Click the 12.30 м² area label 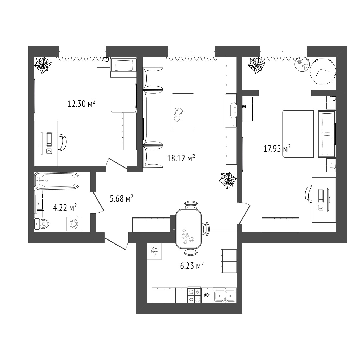(82, 104)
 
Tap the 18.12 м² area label (181, 158)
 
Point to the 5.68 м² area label (122, 198)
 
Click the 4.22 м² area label (65, 207)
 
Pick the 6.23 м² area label (192, 266)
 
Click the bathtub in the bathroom (57, 181)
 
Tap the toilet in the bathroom (41, 224)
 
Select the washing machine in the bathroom (74, 224)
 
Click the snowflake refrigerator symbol (154, 251)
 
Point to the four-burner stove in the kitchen (194, 295)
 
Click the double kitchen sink (225, 295)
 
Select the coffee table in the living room (183, 112)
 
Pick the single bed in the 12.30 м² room (123, 85)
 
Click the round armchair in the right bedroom (323, 72)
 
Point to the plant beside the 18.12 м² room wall (228, 181)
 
